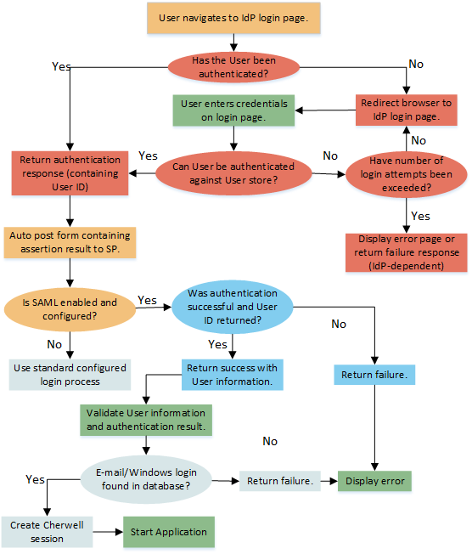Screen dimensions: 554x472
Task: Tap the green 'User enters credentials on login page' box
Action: [x=234, y=110]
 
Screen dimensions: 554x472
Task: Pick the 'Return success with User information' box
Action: [x=231, y=375]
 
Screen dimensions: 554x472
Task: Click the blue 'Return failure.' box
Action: [x=374, y=374]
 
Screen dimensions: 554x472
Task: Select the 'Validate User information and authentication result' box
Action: [x=145, y=419]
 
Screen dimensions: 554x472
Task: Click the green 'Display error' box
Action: [x=374, y=481]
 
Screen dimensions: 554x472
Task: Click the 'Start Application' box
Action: [x=169, y=532]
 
